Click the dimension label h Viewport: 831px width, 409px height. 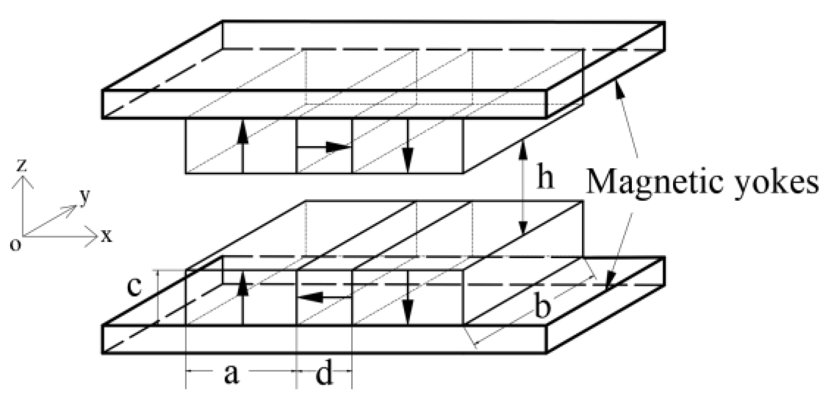click(x=545, y=178)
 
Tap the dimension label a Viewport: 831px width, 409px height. click(x=231, y=375)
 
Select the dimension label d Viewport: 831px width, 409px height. click(x=324, y=375)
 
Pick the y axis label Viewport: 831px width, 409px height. click(x=85, y=196)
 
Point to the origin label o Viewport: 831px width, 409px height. click(x=16, y=244)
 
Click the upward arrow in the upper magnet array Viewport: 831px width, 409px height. click(x=243, y=147)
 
